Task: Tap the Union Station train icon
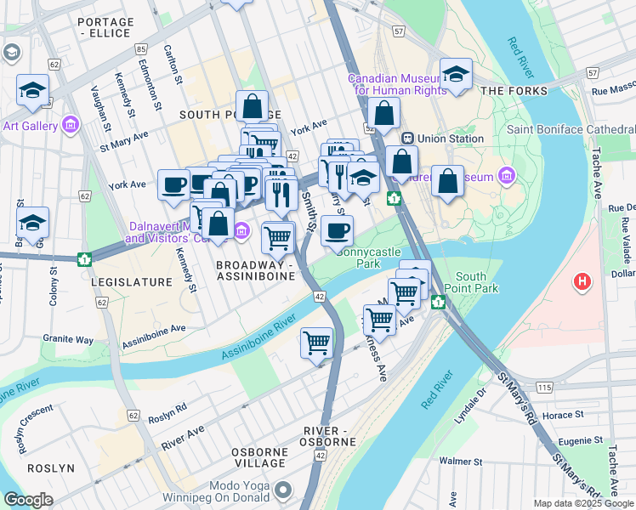(407, 138)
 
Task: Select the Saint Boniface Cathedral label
(571, 129)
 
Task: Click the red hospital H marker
(582, 281)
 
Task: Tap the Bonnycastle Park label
(369, 258)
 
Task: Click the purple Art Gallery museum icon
(71, 126)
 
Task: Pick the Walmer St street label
(461, 462)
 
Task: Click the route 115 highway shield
(544, 387)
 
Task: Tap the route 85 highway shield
(140, 48)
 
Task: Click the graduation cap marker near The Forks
(456, 75)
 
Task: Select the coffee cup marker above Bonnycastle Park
(338, 229)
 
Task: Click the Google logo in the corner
(28, 500)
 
